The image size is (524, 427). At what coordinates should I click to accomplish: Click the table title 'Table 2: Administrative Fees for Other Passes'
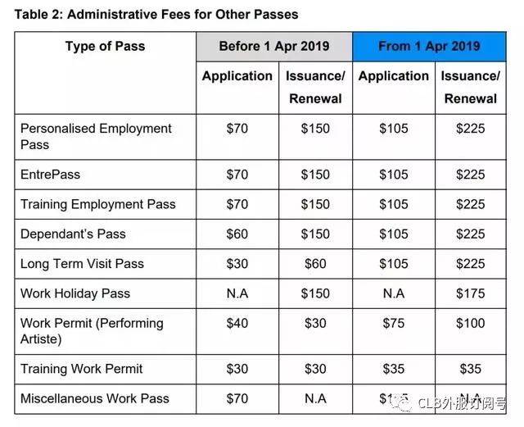click(x=156, y=14)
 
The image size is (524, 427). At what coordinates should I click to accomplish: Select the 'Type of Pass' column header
click(x=105, y=46)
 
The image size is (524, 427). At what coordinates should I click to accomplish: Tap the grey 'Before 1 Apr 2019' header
click(x=273, y=46)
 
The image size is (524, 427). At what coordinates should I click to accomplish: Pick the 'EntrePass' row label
click(x=50, y=174)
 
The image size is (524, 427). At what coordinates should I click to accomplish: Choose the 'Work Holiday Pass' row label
click(x=75, y=293)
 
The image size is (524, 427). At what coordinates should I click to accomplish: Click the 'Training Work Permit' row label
click(x=81, y=369)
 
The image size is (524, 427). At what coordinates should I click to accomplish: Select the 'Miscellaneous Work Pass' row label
click(x=94, y=398)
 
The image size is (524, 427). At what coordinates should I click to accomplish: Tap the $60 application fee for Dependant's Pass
click(x=237, y=234)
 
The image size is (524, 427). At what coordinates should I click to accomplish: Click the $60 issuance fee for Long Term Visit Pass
click(x=315, y=264)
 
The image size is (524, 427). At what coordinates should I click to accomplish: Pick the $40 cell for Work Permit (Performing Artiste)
click(x=237, y=324)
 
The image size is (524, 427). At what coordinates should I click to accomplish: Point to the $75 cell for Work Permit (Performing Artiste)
click(x=393, y=324)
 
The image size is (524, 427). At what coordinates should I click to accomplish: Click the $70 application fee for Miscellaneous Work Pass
click(x=237, y=398)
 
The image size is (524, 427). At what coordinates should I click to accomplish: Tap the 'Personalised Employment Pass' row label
click(x=96, y=136)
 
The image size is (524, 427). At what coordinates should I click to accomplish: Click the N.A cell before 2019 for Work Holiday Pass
click(x=237, y=293)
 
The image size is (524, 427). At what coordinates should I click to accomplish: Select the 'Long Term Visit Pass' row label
click(x=82, y=264)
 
